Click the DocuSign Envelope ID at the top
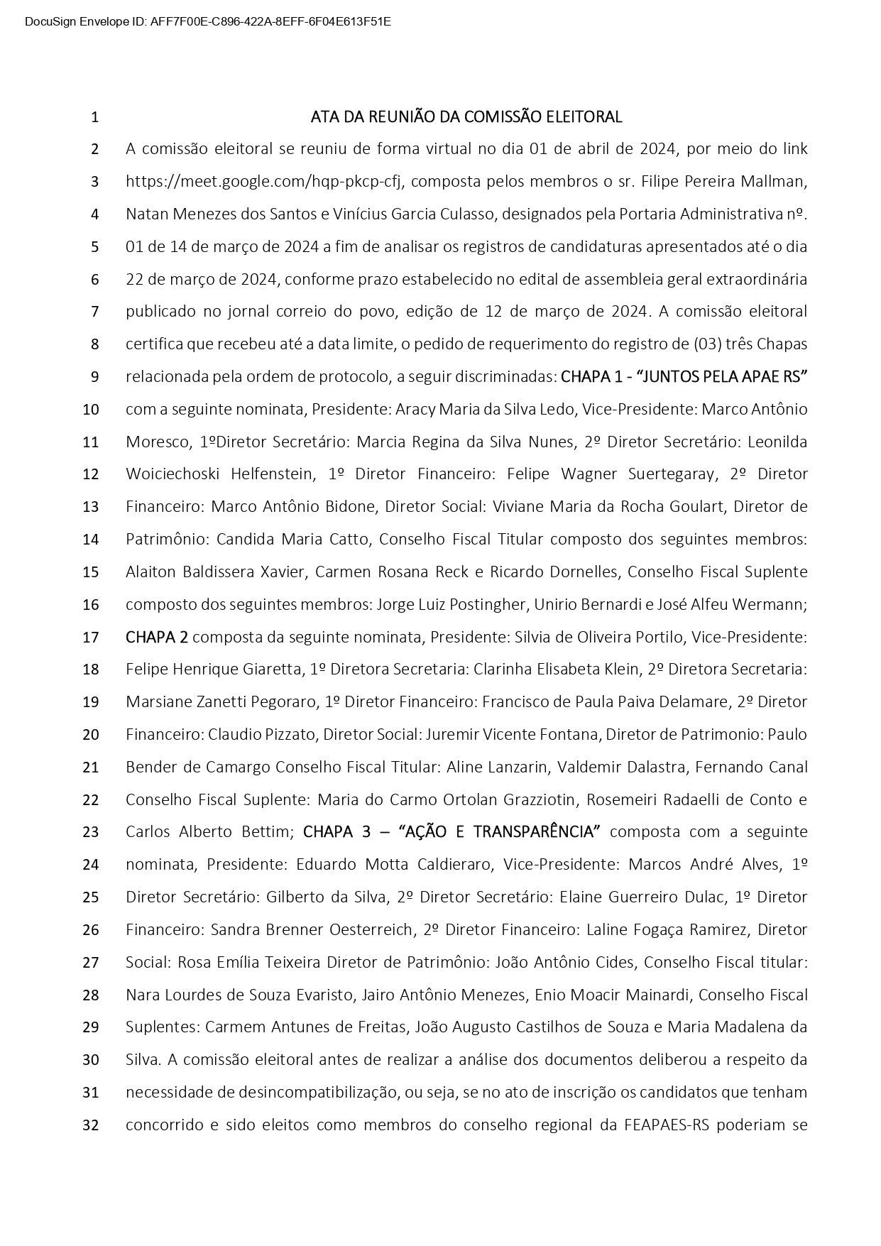[x=208, y=21]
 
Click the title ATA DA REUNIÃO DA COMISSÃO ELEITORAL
[x=466, y=116]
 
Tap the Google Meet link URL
[x=265, y=182]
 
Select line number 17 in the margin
[x=91, y=638]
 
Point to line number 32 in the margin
[x=91, y=1125]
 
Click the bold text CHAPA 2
[x=157, y=638]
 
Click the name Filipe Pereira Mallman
[x=724, y=182]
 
